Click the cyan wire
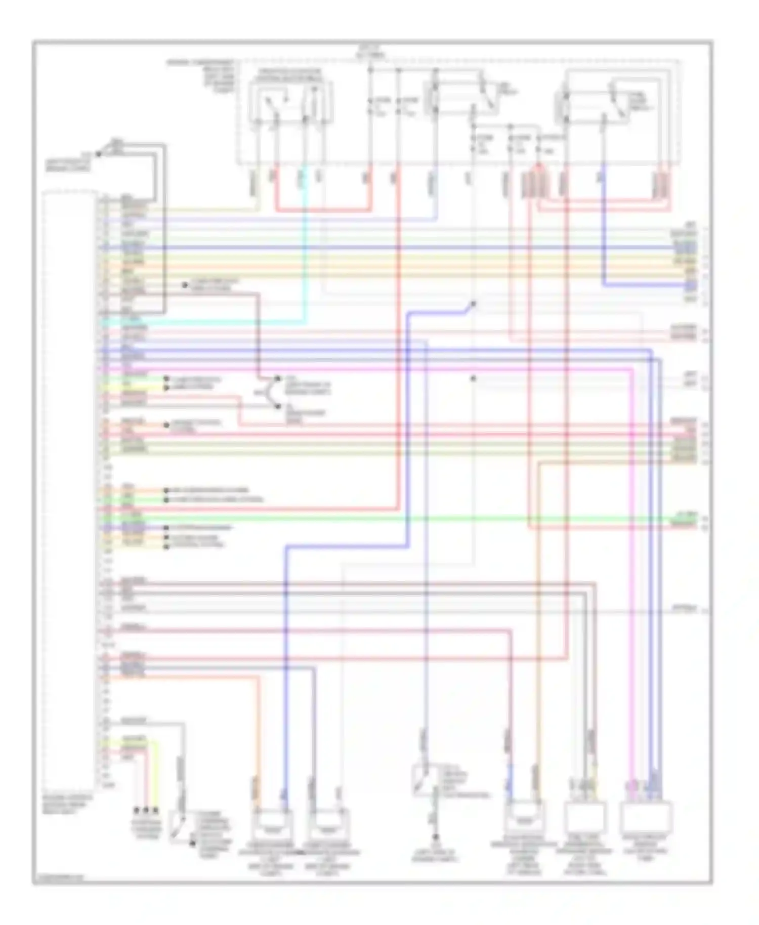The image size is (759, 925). (305, 253)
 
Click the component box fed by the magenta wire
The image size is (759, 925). (646, 818)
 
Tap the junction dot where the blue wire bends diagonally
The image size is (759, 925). (474, 304)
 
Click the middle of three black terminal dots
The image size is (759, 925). (146, 810)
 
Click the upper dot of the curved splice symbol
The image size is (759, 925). (277, 379)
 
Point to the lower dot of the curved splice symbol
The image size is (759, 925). (277, 406)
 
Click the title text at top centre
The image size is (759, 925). (371, 51)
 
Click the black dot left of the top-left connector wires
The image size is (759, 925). (98, 153)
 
